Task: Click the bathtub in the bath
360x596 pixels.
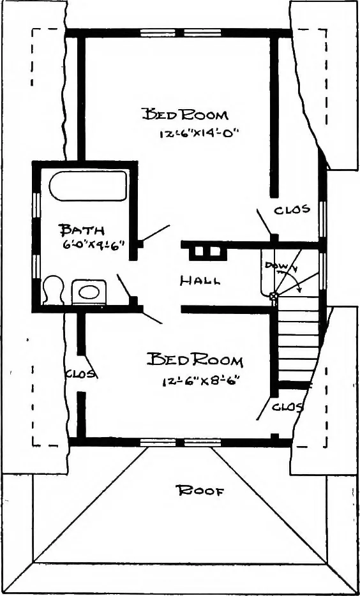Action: click(x=88, y=186)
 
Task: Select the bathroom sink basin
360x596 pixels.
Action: click(x=89, y=292)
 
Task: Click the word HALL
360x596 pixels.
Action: click(x=200, y=281)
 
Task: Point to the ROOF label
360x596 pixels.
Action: click(x=200, y=491)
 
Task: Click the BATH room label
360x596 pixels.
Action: click(x=81, y=230)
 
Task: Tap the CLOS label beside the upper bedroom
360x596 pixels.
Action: click(x=292, y=209)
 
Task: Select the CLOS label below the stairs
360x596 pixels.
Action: click(x=288, y=407)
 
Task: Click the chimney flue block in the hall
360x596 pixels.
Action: click(x=204, y=252)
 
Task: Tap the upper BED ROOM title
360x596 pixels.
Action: click(x=185, y=114)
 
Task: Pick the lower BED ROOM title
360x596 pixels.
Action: click(x=195, y=360)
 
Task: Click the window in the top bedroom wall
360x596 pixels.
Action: click(x=181, y=33)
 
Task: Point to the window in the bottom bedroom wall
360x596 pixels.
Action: click(x=181, y=442)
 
